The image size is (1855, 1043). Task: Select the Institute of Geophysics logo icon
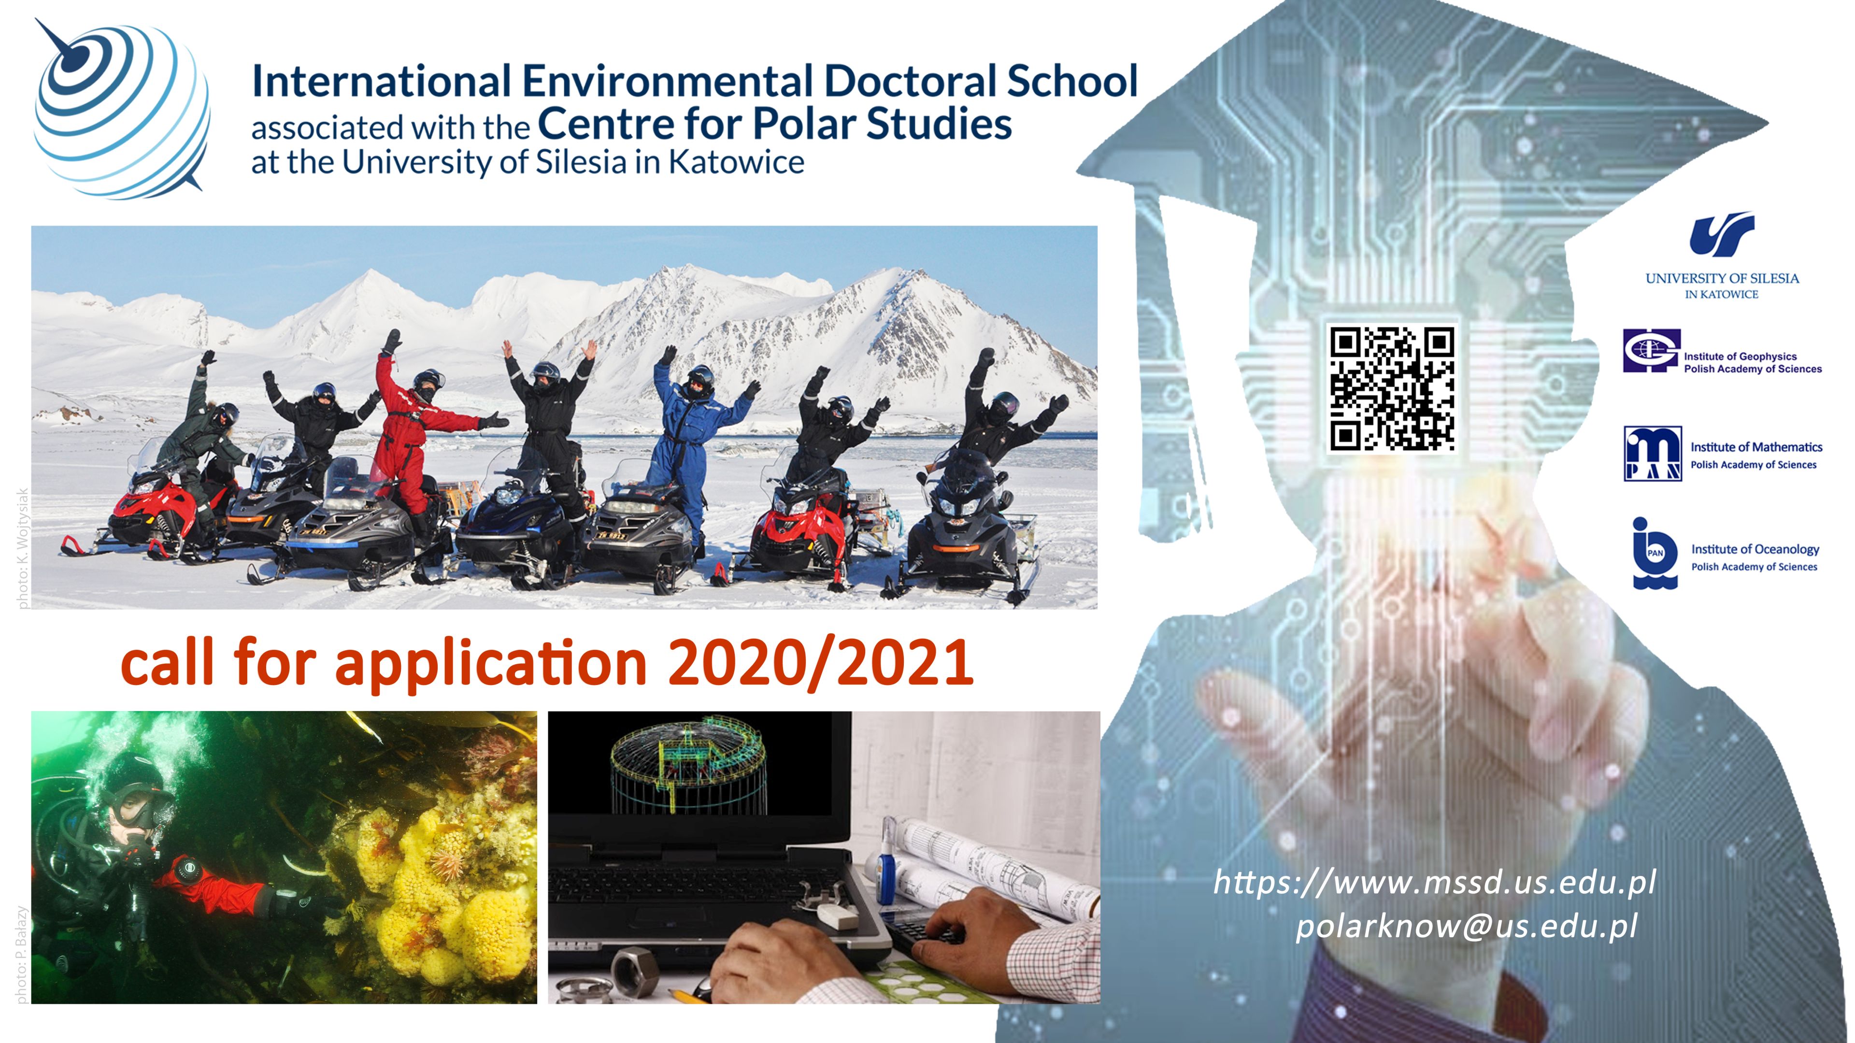point(1651,351)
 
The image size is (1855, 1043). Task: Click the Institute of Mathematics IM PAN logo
point(1653,454)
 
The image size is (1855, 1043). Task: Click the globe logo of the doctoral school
point(122,108)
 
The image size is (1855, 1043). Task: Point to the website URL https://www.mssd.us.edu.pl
point(1434,883)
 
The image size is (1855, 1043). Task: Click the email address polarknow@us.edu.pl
point(1467,926)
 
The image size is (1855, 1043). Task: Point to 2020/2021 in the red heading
point(821,663)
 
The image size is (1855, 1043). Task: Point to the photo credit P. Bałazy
point(21,955)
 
